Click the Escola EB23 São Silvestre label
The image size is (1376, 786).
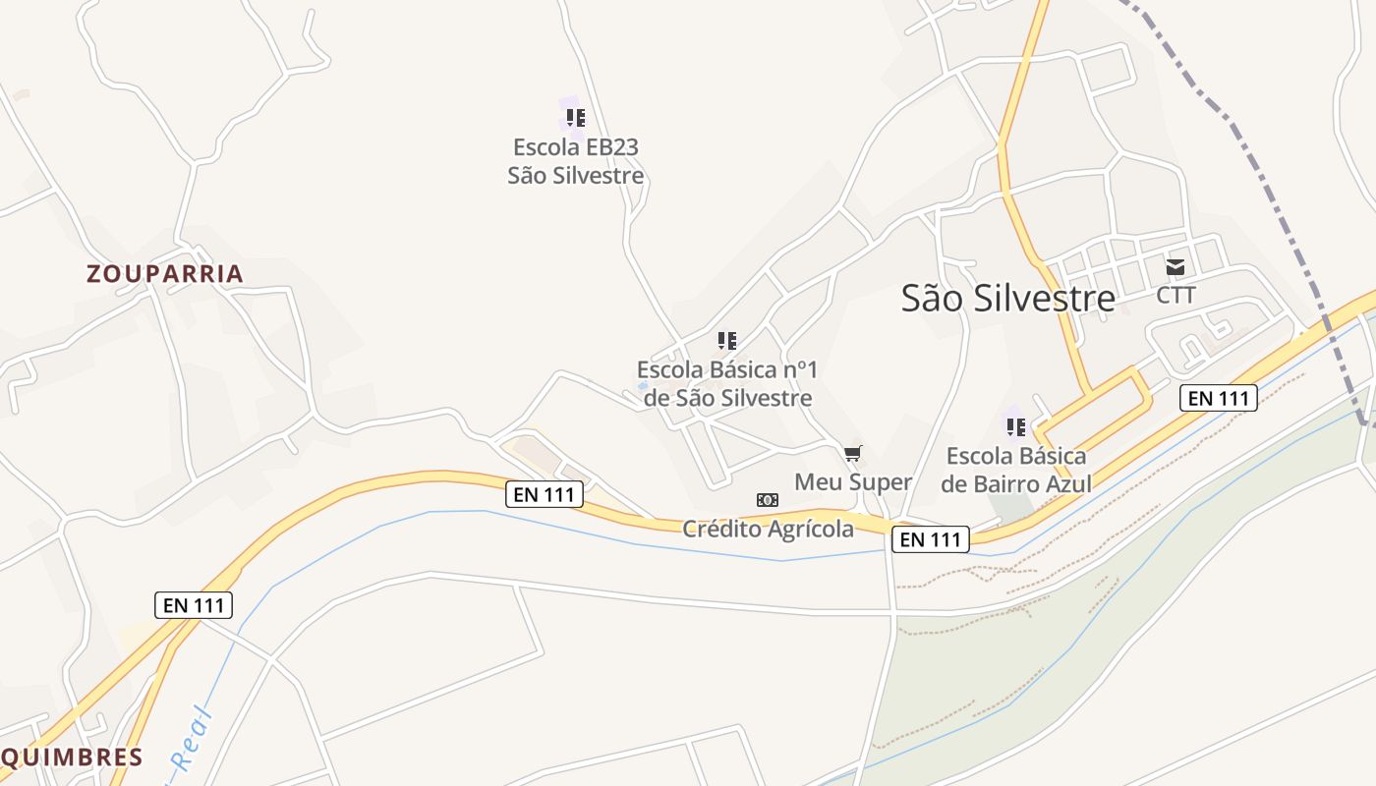tap(575, 161)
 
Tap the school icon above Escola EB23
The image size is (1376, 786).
tap(575, 118)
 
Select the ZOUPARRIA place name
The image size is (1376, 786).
tap(164, 273)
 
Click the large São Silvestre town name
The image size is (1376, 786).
tap(1007, 298)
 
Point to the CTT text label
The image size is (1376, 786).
tap(1175, 295)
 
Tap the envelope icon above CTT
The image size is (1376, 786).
tap(1175, 266)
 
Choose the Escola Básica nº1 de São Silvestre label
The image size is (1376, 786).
tap(726, 383)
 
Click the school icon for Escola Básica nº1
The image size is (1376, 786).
tap(726, 341)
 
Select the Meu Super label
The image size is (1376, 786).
tap(852, 481)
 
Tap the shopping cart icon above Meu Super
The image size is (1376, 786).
tap(852, 453)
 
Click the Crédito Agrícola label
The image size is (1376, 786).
tap(768, 529)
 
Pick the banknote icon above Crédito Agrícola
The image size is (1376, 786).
tap(768, 500)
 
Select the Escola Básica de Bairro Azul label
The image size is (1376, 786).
tap(1015, 470)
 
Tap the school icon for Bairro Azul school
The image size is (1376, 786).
tap(1015, 426)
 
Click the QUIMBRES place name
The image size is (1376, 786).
tap(72, 757)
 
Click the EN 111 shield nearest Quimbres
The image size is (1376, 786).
tap(194, 605)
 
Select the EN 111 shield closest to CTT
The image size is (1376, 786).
tap(1218, 398)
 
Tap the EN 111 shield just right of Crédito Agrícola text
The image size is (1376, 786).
tap(930, 539)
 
